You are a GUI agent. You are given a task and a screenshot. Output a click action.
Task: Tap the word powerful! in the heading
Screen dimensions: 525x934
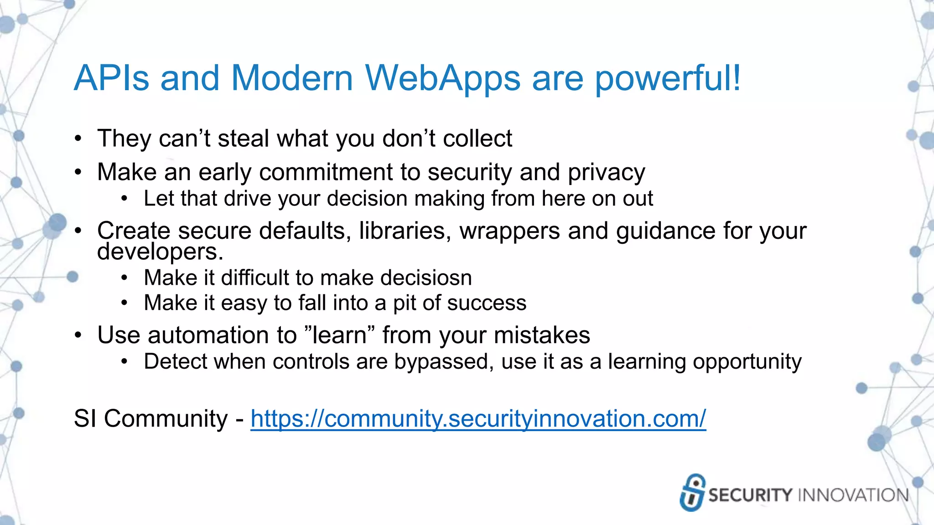tap(668, 78)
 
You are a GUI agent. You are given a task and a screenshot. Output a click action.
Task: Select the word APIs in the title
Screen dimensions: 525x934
tap(112, 78)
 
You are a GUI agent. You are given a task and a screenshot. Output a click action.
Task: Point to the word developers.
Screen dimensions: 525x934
tap(160, 252)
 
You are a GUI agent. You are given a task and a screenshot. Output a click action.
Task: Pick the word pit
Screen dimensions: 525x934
tap(404, 303)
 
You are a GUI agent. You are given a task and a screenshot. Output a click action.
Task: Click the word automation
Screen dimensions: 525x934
tap(222, 335)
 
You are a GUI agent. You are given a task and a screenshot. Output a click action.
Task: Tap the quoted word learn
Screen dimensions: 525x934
tap(339, 335)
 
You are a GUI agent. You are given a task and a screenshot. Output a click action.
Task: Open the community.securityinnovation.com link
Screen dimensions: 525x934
tap(478, 418)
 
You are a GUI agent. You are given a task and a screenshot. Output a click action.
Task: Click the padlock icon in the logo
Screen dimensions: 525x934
tap(692, 493)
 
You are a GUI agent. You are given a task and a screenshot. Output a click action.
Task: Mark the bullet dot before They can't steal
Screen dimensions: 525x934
tap(78, 138)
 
